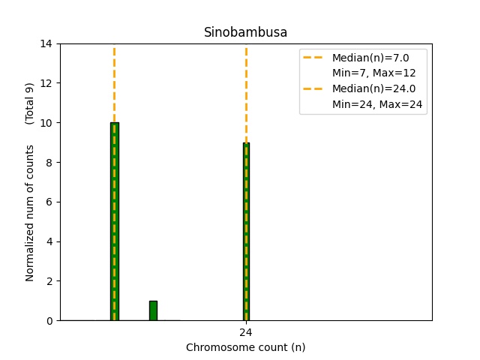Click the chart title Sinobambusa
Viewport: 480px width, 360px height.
[245, 32]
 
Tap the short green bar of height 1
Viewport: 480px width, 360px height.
[153, 310]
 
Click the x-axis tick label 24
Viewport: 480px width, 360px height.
[246, 332]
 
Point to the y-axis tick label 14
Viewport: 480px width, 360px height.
[46, 43]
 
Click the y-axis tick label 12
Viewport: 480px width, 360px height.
[46, 83]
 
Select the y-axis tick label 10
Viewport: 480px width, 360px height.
[46, 123]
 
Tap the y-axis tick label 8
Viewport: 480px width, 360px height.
[49, 163]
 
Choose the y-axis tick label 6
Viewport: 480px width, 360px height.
[49, 202]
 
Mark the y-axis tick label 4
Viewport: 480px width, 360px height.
[49, 241]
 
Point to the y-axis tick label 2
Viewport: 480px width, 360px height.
[49, 281]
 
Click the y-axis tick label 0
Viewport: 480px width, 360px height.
[49, 321]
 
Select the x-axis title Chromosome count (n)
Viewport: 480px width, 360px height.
[245, 347]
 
